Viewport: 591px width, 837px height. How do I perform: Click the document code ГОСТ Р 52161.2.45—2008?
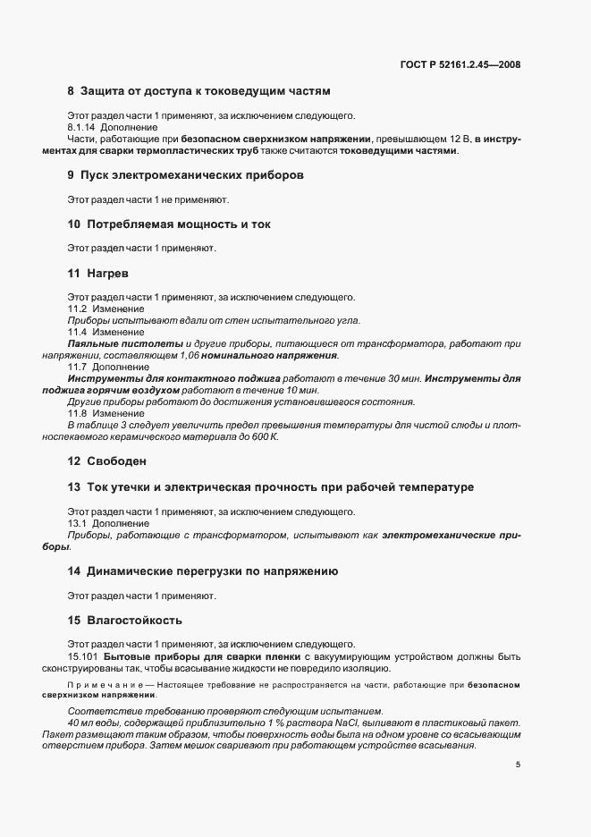coord(461,64)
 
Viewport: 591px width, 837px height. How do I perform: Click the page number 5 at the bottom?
coord(519,765)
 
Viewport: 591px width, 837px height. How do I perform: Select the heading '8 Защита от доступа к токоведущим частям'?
coord(198,91)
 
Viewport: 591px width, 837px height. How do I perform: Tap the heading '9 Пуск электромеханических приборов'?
coord(185,174)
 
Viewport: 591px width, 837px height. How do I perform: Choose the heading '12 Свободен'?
coord(106,461)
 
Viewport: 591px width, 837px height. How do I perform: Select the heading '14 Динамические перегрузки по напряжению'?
coord(202,571)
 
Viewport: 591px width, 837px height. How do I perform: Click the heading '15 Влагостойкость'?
coord(124,619)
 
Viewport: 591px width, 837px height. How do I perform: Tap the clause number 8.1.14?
coord(83,127)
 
